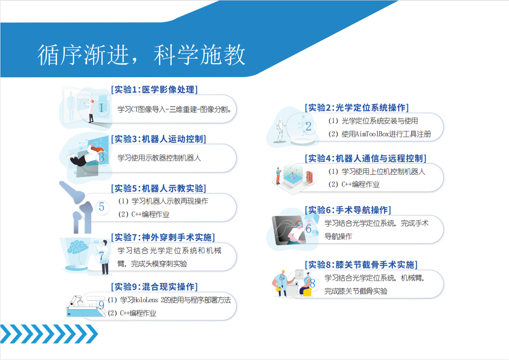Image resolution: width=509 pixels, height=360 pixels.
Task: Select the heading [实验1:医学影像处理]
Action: tap(154, 90)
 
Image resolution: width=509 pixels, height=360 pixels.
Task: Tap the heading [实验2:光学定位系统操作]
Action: tap(357, 108)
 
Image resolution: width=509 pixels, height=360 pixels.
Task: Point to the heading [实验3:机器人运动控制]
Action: tap(158, 139)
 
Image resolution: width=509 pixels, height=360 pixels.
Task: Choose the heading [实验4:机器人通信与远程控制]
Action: tap(366, 158)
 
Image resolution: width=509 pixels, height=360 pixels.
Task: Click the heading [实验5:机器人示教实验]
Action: tap(158, 188)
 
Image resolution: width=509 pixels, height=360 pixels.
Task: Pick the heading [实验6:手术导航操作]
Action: tap(348, 210)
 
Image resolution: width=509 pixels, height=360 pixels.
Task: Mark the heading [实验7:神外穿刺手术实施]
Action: tap(163, 237)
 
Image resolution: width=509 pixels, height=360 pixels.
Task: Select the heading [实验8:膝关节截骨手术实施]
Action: tap(361, 265)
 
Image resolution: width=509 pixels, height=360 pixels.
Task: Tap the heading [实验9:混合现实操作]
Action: tap(154, 287)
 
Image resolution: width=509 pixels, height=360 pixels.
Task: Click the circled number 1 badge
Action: tap(102, 108)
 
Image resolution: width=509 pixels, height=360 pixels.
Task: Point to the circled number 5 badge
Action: tap(102, 207)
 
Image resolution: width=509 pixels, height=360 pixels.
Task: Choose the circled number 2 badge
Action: tap(309, 127)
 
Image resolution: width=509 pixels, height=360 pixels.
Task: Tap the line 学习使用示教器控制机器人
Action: tap(159, 157)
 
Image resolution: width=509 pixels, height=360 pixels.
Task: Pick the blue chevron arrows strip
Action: tap(49, 334)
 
